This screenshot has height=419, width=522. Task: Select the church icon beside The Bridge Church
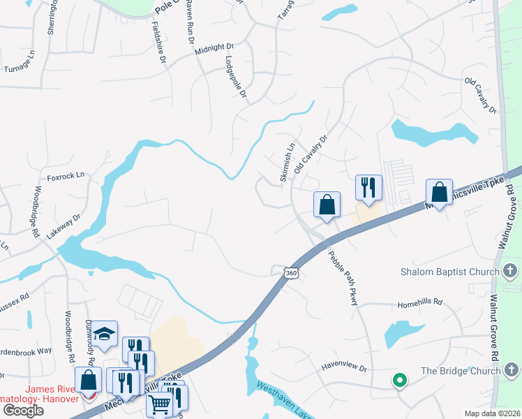tap(511, 370)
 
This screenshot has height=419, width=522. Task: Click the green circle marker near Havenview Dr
tap(399, 381)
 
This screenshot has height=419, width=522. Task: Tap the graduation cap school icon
tap(104, 334)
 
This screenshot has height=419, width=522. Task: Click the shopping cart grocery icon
tap(160, 403)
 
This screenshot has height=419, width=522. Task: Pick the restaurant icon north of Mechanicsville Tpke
tap(368, 186)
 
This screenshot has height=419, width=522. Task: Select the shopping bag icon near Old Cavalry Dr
tap(327, 204)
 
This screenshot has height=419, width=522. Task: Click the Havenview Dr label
tap(343, 365)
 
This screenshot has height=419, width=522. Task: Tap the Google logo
tap(23, 411)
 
